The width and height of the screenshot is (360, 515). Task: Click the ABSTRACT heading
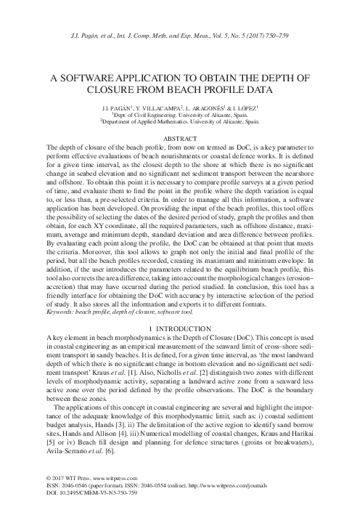(x=179, y=138)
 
